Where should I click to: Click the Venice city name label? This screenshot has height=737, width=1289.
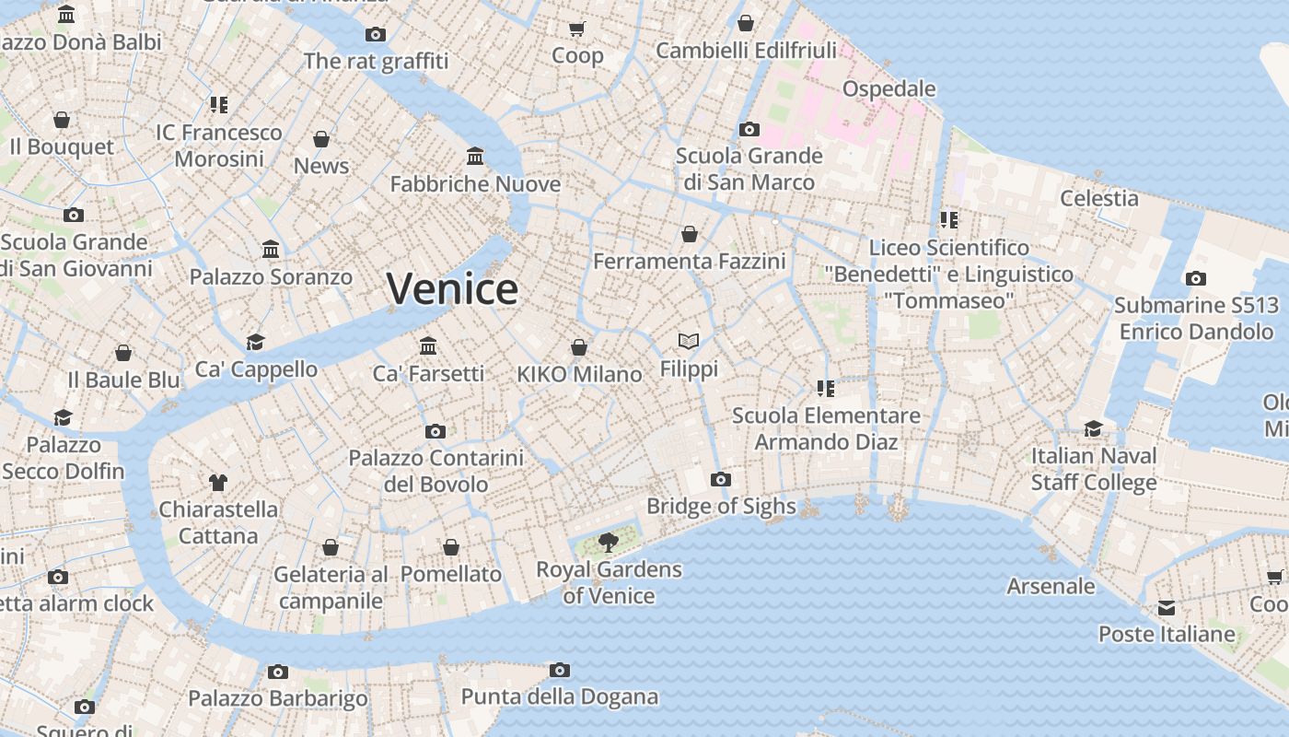[x=452, y=289]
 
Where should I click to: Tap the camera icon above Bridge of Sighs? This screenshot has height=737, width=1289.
[x=721, y=479]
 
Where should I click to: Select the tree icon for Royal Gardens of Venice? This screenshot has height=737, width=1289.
[x=608, y=542]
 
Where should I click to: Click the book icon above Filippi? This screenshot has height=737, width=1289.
[x=689, y=342]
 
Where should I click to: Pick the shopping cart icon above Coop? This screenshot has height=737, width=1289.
[x=577, y=29]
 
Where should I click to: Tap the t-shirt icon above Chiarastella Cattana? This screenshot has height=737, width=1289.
[x=217, y=482]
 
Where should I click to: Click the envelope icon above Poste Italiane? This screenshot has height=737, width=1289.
[x=1167, y=607]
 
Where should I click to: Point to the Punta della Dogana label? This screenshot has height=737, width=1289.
[x=559, y=696]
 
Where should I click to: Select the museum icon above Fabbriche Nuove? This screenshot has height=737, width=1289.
[x=475, y=156]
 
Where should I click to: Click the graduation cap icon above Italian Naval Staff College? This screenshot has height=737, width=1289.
[x=1093, y=428]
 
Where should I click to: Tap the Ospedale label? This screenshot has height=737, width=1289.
[x=888, y=88]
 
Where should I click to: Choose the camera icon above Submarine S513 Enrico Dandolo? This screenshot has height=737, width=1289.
[x=1195, y=278]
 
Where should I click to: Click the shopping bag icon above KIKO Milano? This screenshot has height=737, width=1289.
[x=579, y=347]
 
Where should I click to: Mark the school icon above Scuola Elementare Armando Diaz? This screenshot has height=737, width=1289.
[x=825, y=389]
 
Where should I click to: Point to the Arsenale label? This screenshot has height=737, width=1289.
[x=1051, y=586]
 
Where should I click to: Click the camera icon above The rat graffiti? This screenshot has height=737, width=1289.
[x=376, y=34]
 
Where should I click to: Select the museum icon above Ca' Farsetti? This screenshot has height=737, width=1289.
[x=428, y=346]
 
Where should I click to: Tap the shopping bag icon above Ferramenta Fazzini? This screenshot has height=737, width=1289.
[x=689, y=234]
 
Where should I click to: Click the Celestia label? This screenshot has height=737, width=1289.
[x=1098, y=198]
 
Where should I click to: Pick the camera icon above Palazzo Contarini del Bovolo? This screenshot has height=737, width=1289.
[x=435, y=431]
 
